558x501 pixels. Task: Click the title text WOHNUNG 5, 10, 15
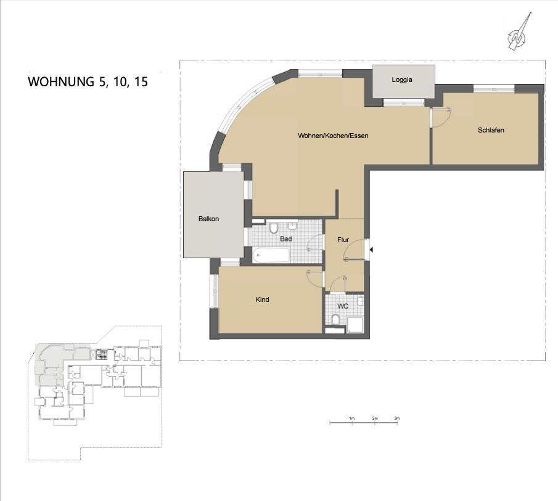pos(88,81)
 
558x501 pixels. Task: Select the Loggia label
pos(401,80)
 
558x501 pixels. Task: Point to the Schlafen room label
pos(491,130)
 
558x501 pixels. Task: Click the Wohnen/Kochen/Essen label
pos(333,136)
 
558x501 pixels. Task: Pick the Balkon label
pos(208,219)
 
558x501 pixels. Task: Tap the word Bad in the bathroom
pos(285,238)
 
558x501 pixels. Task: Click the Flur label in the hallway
pos(343,239)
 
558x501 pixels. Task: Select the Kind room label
pos(263,300)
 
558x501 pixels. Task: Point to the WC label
pos(343,306)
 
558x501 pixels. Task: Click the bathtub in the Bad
pos(271,255)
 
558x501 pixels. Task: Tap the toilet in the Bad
pos(274,228)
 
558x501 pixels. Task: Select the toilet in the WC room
pos(335,319)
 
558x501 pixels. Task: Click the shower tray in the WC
pos(355,324)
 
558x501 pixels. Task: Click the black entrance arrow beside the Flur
pos(371,250)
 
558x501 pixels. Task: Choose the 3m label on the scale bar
pos(397,419)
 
